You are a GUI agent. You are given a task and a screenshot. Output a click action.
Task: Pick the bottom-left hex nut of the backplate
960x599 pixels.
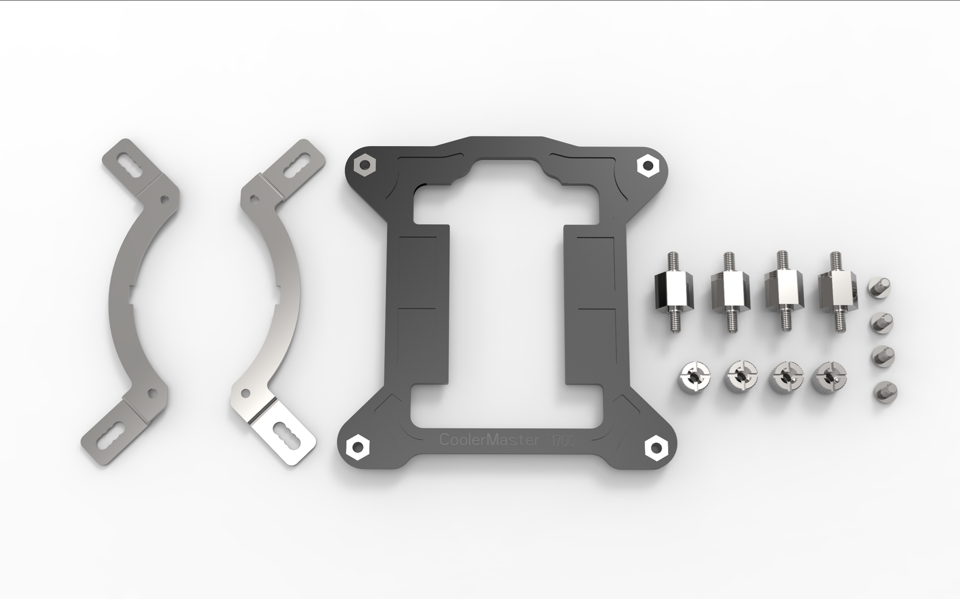click(x=357, y=446)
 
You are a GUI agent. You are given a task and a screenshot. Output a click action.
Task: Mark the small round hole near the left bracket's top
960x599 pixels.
click(x=162, y=199)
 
